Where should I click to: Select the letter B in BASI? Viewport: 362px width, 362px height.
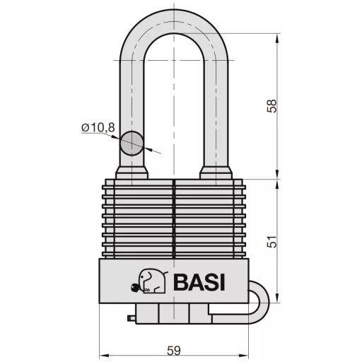click(x=179, y=281)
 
